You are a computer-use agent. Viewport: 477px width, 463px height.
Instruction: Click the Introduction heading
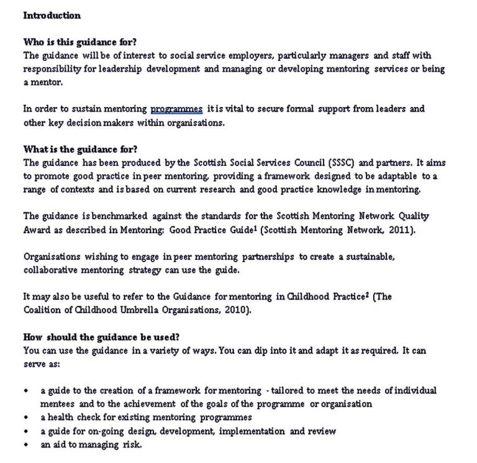click(x=52, y=15)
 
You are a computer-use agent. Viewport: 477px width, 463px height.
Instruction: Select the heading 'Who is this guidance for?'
click(x=79, y=42)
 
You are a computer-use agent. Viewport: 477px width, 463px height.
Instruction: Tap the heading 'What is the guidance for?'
click(x=80, y=149)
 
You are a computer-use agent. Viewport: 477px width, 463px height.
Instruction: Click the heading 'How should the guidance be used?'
click(x=101, y=337)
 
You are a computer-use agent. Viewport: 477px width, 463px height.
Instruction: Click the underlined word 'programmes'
click(x=176, y=109)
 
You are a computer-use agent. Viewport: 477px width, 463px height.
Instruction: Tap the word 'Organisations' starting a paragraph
click(x=52, y=257)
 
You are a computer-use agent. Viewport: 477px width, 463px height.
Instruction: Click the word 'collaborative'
click(x=52, y=270)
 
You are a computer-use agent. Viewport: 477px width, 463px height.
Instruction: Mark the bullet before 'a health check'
click(x=26, y=418)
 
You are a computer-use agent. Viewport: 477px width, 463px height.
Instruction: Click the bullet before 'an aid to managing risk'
click(x=26, y=445)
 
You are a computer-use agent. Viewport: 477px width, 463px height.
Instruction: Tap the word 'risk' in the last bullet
click(x=132, y=445)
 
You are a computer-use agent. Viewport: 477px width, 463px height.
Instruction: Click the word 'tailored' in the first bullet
click(x=289, y=390)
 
